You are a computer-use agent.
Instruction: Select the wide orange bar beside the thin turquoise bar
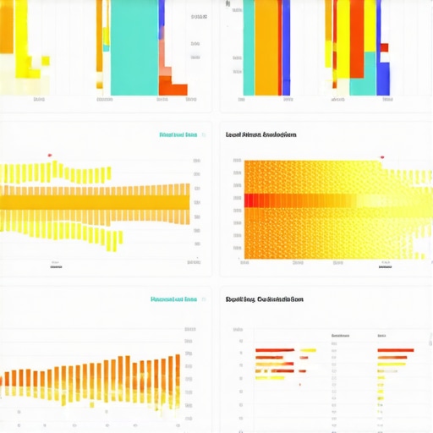(x=267, y=47)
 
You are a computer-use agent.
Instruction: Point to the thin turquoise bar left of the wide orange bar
(x=249, y=47)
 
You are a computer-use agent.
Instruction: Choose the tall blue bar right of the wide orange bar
(x=286, y=47)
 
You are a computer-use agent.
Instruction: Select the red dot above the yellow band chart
(x=50, y=155)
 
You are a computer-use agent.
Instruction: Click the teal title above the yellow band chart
(x=178, y=134)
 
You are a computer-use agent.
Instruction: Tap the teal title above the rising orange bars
(x=173, y=299)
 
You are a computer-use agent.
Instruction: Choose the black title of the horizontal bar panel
(x=265, y=299)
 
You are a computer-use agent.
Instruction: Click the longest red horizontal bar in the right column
(x=395, y=350)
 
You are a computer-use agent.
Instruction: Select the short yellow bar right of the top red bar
(x=307, y=350)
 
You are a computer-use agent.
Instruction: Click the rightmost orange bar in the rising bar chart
(x=178, y=372)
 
